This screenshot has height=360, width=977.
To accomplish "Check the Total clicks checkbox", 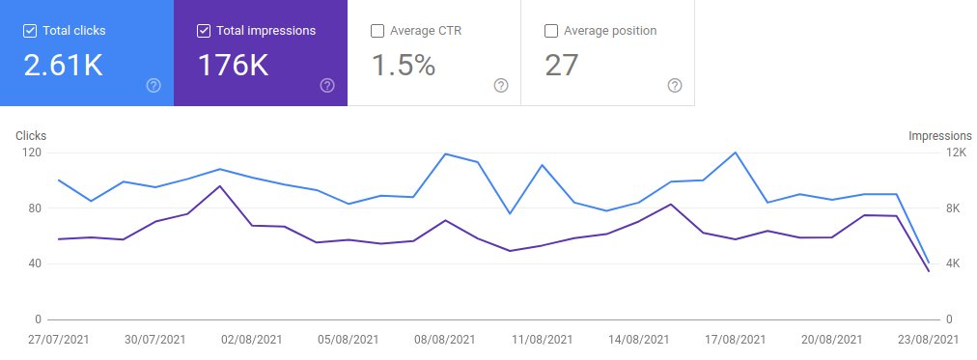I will point(29,31).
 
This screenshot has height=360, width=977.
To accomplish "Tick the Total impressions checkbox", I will point(203,31).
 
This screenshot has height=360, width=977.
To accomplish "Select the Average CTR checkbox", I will point(377,31).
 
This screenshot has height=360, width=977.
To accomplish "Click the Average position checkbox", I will point(551,31).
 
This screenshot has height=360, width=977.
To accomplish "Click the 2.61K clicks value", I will point(63,66).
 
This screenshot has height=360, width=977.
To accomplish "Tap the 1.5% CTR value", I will point(404,66).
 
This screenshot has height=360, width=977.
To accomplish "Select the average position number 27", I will point(562,66).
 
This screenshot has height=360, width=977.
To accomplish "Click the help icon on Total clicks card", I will point(154,85).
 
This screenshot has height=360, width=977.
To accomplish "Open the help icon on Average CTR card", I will point(501,85).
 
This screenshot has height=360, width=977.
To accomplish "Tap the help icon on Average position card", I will point(675,85).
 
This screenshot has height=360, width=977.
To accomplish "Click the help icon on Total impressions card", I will point(327,85).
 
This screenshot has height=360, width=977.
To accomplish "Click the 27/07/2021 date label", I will point(59,340).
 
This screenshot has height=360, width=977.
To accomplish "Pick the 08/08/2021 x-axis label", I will point(445,340).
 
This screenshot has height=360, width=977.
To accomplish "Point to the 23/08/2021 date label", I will point(927,340).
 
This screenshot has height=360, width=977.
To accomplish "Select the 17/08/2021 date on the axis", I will point(735,340).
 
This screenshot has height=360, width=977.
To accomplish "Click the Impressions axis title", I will point(938,136).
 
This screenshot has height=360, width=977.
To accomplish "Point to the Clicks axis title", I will point(31,136).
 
